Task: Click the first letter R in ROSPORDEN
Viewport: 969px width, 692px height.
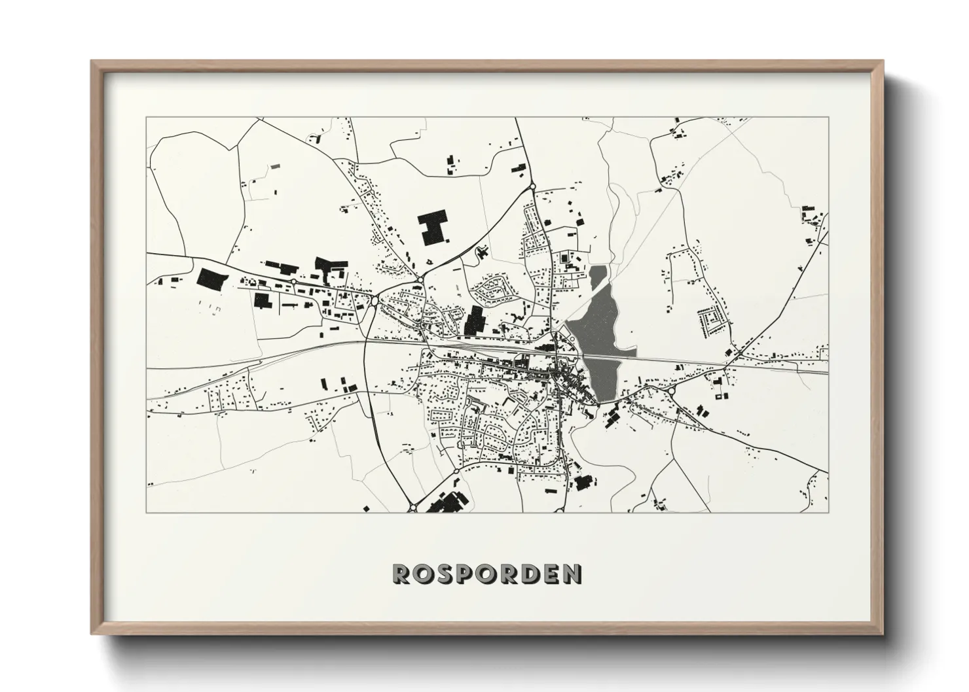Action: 400,574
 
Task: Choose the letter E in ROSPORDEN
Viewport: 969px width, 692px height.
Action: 551,574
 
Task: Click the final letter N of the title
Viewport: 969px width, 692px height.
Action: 572,574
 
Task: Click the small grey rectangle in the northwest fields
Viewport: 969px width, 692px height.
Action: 275,166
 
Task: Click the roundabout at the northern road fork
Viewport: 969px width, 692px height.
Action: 533,186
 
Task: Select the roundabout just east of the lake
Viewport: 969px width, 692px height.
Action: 672,390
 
